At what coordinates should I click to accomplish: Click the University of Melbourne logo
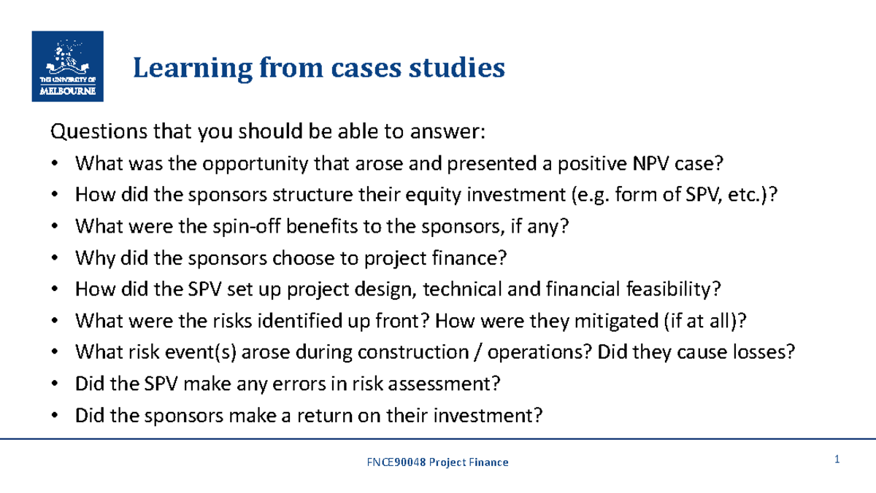coord(68,66)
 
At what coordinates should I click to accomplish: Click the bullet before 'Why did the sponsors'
coord(55,259)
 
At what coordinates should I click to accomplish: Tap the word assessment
coord(447,384)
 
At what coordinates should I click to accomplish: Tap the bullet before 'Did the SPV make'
coord(55,384)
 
